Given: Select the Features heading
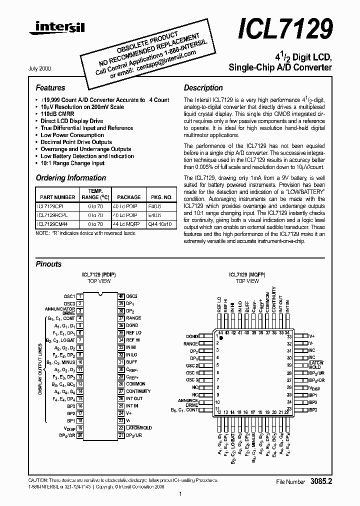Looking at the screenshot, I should coord(50,88).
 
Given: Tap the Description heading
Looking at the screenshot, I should coord(203,88).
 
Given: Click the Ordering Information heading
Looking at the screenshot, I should coord(71,178).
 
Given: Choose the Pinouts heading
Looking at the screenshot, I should coord(48,264).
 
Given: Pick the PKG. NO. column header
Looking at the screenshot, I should coord(161,197).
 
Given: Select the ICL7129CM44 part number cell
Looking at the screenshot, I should coord(52,224).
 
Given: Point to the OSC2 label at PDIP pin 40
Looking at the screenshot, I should coord(132,296).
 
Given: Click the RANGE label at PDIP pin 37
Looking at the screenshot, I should coord(133,318).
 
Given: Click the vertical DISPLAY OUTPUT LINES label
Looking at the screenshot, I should coord(40,369).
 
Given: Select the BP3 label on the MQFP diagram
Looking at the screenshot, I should coord(313,410).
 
